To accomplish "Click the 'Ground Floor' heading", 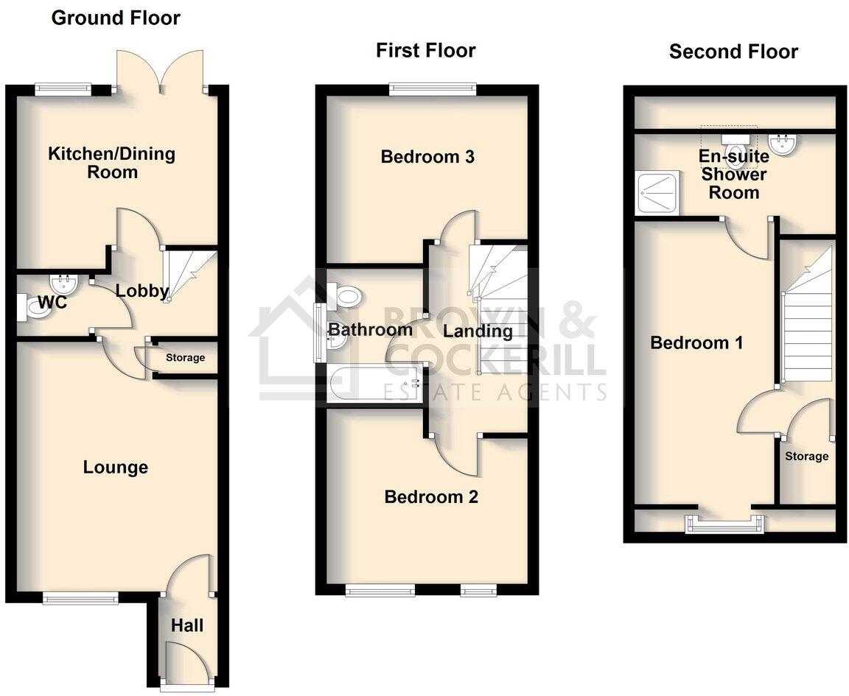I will coord(116,18).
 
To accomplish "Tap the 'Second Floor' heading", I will coord(733,52).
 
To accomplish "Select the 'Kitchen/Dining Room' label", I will coord(112,163).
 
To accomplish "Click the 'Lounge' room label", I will coord(115,467).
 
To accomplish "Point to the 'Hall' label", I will coord(187,625).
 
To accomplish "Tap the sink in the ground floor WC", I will coord(63,282).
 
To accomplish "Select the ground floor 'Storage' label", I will coord(185,358).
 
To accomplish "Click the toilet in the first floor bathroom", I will coord(347,298).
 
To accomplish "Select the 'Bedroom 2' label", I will coord(431,497).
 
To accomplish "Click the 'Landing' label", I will coord(478,331).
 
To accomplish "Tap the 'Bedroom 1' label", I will coord(696,342).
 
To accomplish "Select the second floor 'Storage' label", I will coord(806,456).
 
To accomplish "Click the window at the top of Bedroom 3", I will coord(433,89).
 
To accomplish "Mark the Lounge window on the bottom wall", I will coord(80,597).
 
